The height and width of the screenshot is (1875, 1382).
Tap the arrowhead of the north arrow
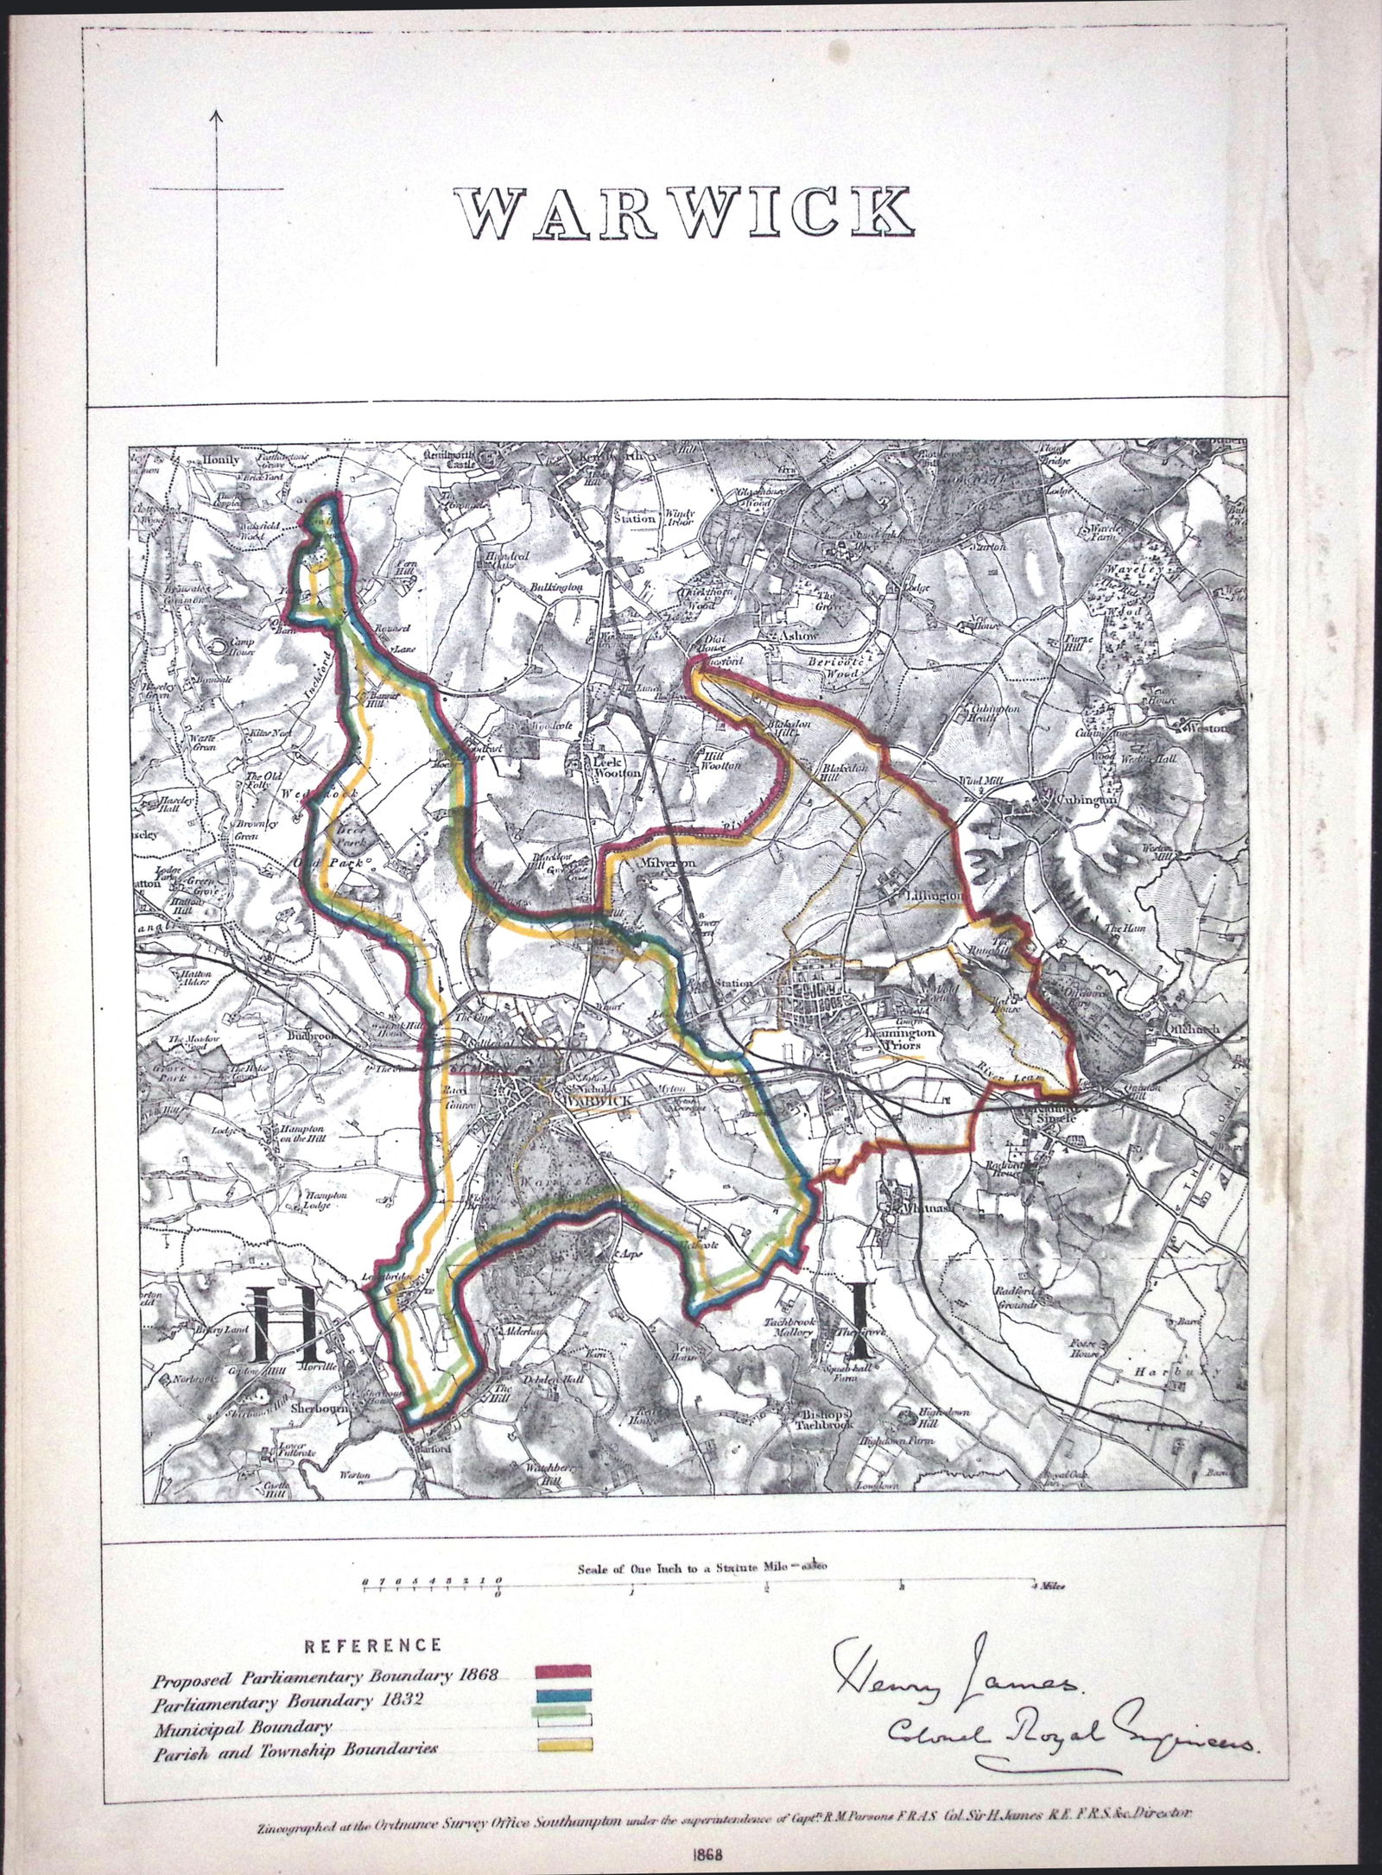(216, 115)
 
